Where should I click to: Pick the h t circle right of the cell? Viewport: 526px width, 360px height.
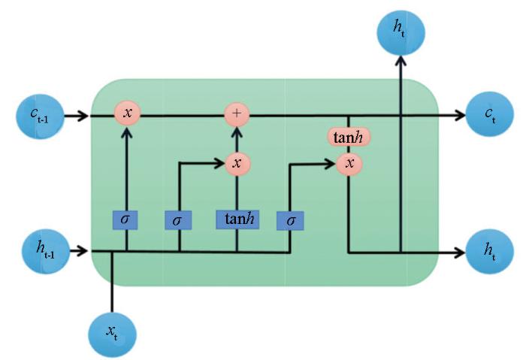point(488,251)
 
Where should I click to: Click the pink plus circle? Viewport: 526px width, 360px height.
point(237,115)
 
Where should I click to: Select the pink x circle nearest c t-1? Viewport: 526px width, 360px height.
point(127,114)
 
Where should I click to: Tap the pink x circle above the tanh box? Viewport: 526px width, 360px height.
point(237,162)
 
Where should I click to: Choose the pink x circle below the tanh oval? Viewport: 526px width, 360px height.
point(349,162)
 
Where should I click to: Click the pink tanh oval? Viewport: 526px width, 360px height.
point(349,137)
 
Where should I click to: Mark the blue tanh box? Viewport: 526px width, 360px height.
point(237,219)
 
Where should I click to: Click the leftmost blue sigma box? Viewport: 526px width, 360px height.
point(125,219)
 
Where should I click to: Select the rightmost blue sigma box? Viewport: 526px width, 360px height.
point(289,220)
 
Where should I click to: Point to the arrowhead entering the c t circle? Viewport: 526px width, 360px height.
point(459,116)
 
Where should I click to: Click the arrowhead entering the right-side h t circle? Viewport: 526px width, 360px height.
point(458,252)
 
